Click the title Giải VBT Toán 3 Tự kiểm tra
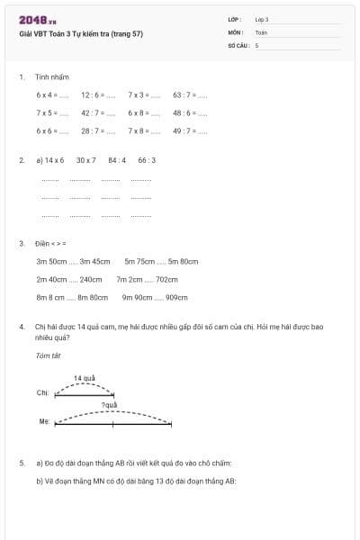[80, 34]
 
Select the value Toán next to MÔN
[261, 31]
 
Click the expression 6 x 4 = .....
[52, 94]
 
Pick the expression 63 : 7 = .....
[190, 94]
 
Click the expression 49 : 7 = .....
[190, 131]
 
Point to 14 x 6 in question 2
[53, 160]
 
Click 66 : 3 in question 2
[147, 160]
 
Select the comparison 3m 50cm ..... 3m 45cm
[73, 261]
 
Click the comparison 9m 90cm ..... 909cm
[155, 297]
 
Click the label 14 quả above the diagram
[85, 378]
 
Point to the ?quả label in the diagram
[110, 405]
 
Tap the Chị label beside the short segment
[42, 393]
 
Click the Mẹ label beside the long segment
[43, 421]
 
